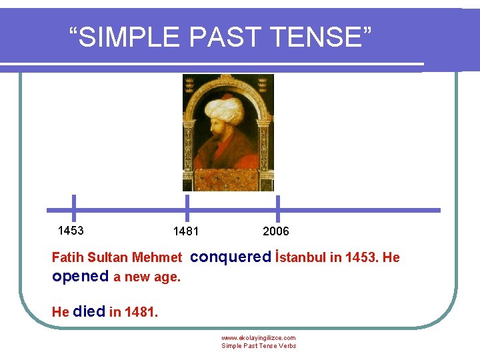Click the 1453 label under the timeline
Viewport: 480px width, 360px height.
(x=71, y=231)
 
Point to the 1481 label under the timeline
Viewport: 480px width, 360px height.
(x=185, y=231)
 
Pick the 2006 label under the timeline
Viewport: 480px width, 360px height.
(x=276, y=231)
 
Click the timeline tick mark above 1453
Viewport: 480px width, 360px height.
(x=73, y=207)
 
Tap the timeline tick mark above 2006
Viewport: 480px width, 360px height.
(x=277, y=207)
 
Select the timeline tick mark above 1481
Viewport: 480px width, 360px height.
(x=187, y=207)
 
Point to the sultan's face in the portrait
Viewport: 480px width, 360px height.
(x=223, y=129)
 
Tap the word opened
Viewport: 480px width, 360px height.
(x=80, y=276)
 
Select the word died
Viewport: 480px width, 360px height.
(x=89, y=311)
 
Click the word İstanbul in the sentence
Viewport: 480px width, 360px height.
(x=300, y=257)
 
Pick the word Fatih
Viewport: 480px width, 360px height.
(x=67, y=257)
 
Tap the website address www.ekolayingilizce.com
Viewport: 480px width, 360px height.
(x=259, y=338)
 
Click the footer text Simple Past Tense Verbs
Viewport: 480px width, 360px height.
(x=259, y=346)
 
